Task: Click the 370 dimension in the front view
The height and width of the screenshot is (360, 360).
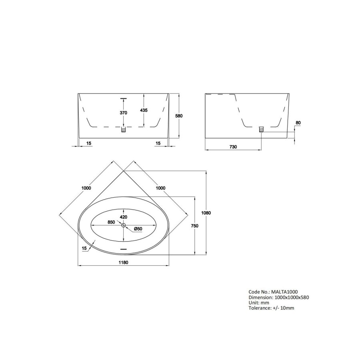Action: [x=123, y=113]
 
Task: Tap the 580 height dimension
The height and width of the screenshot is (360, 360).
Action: [x=179, y=116]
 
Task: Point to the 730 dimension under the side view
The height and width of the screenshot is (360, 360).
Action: [x=233, y=147]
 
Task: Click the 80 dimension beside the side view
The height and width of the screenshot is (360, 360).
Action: [x=298, y=123]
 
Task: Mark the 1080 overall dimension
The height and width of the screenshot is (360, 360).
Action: [x=206, y=213]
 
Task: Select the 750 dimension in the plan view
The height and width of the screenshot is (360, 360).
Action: [x=195, y=226]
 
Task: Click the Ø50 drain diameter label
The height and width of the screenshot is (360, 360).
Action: [x=138, y=228]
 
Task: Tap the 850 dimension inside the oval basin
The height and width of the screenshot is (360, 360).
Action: [x=111, y=222]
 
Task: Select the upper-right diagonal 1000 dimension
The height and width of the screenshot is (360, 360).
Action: [x=161, y=188]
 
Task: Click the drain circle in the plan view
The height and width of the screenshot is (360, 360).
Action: [x=124, y=226]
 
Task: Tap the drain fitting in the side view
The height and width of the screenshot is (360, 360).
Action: [x=262, y=129]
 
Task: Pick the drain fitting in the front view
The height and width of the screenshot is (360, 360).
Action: [x=124, y=129]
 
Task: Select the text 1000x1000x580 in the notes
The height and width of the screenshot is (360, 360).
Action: [x=291, y=297]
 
